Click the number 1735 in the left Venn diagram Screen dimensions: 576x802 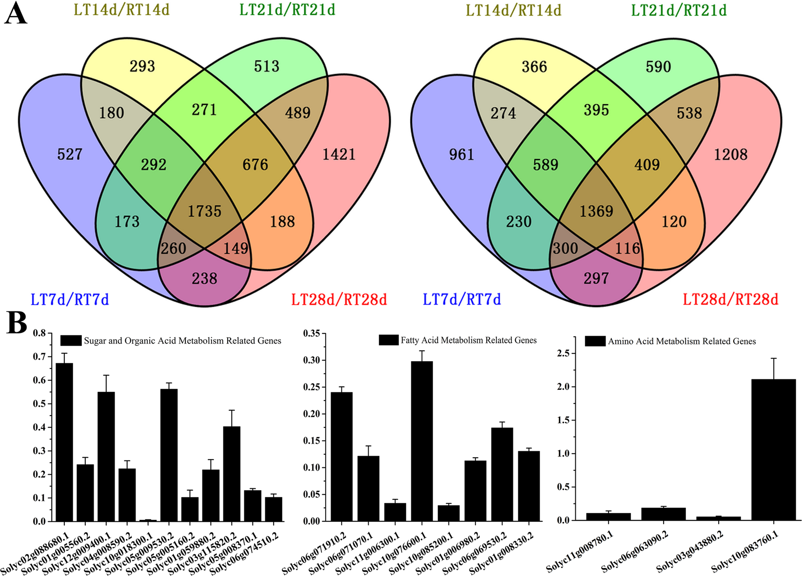pos(205,211)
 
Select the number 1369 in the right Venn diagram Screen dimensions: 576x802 pos(596,211)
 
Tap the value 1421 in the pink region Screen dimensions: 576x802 pos(339,154)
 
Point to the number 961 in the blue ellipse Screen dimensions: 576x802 pos(461,154)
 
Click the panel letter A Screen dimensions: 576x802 pos(16,14)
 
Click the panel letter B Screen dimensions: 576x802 pos(17,323)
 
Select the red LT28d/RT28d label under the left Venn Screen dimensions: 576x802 pos(339,299)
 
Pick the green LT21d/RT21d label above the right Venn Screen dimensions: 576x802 pos(679,10)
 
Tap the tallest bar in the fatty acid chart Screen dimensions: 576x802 pos(422,441)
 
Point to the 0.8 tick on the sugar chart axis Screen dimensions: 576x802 pos(39,333)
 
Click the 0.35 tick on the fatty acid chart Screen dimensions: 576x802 pos(312,334)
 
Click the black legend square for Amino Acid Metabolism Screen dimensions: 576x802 pos(594,341)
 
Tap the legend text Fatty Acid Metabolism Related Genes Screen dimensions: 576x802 pos(469,340)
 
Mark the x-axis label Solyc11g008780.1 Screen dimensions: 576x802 pos(580,552)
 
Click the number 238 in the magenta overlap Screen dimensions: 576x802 pos(204,279)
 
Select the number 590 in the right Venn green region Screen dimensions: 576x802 pos(658,67)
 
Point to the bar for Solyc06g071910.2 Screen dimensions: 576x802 pos(342,456)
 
